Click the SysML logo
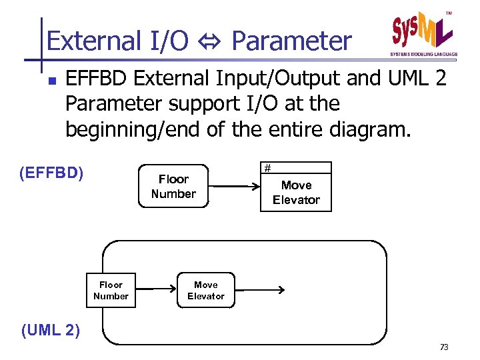tap(423, 31)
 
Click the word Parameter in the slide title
tap(291, 41)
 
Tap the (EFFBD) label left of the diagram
tap(52, 174)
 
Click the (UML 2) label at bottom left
tap(51, 330)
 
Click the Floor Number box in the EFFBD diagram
tap(173, 187)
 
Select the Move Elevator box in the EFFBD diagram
tap(296, 193)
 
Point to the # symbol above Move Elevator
tap(267, 168)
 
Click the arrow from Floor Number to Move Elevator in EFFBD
tap(234, 187)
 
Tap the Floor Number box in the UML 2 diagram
tap(111, 290)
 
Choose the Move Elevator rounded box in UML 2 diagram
tap(206, 290)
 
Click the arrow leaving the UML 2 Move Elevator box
tap(260, 290)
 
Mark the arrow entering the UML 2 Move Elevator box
tap(156, 290)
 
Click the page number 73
tap(444, 347)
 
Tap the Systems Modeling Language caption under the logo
tap(423, 55)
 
